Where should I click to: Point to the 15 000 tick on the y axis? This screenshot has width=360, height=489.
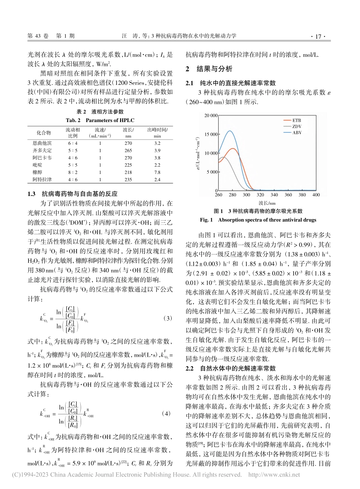tap(211, 134)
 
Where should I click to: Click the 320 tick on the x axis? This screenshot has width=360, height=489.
tap(260, 195)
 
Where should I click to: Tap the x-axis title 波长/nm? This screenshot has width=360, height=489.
tap(267, 203)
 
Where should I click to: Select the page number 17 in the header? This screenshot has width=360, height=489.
tap(318, 36)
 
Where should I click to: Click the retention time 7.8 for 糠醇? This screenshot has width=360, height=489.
tap(157, 172)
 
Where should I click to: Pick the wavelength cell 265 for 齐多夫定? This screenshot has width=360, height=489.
tap(128, 150)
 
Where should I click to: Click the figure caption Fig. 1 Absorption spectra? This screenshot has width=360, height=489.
tap(258, 220)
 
